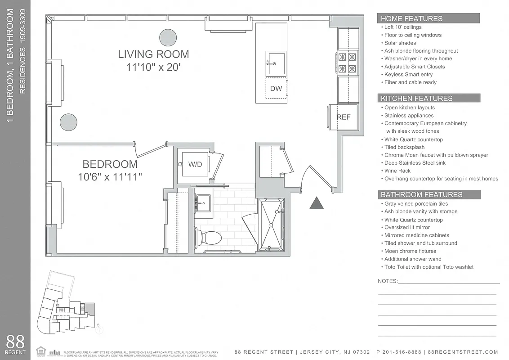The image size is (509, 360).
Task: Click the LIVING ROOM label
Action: point(153,54)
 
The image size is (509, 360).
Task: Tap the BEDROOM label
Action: point(110,164)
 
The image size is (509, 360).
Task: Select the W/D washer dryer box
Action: point(195,165)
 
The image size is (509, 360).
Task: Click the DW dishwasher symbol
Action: point(276,89)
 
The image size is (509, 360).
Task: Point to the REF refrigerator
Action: point(344,117)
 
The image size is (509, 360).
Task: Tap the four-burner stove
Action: point(347,63)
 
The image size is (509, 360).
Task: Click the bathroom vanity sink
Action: point(204,204)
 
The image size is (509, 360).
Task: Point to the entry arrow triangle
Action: point(317,203)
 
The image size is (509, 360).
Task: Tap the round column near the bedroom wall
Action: point(69,122)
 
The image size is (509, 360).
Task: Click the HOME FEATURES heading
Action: point(411,18)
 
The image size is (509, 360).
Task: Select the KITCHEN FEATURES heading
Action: point(416,98)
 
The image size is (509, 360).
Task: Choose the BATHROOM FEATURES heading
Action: point(421,194)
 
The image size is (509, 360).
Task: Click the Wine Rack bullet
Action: point(397,171)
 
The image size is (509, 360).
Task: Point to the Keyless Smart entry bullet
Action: point(408,74)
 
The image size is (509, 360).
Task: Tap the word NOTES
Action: point(388,281)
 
